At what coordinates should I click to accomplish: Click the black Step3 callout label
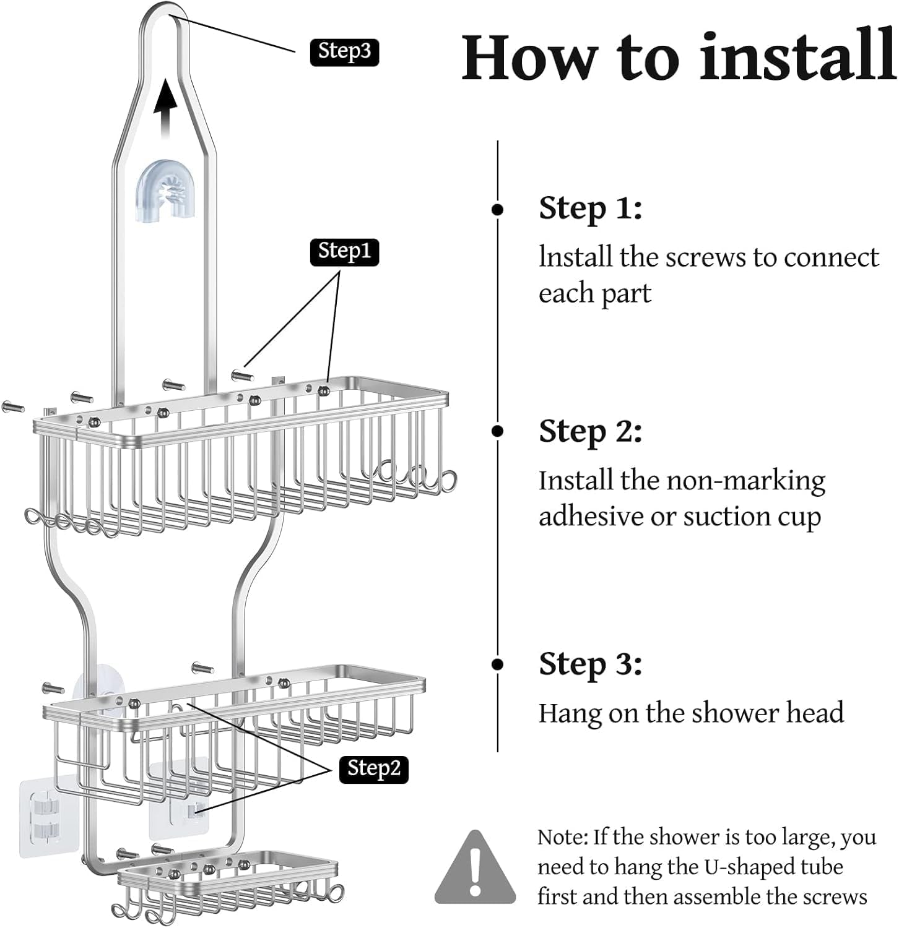click(x=344, y=51)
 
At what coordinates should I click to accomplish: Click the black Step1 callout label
click(x=344, y=251)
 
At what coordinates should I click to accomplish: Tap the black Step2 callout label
click(x=373, y=768)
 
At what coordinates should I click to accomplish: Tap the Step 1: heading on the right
click(x=590, y=208)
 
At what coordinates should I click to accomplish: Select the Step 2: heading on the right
click(x=590, y=431)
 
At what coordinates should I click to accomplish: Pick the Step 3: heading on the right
click(x=590, y=664)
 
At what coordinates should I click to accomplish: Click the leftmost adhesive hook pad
click(x=41, y=818)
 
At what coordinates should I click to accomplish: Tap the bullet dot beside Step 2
click(x=497, y=431)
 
